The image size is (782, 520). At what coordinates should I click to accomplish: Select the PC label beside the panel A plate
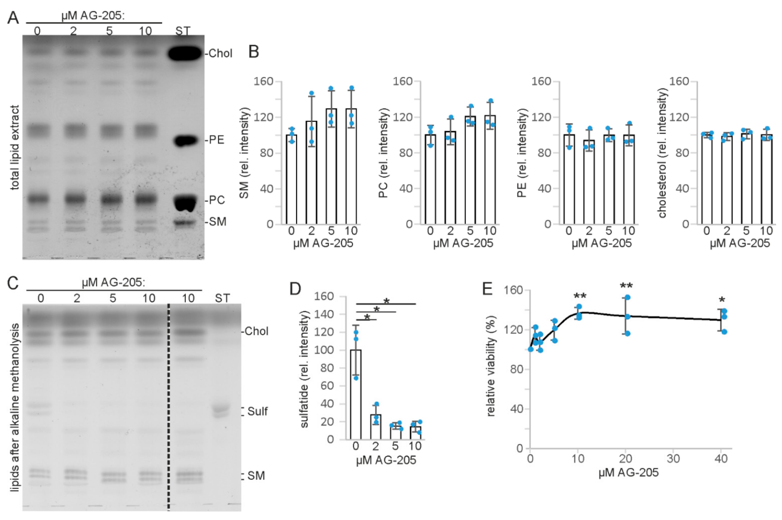[x=217, y=200]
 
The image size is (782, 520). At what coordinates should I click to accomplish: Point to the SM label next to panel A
[x=218, y=221]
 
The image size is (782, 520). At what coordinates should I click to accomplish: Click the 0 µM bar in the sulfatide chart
[x=356, y=395]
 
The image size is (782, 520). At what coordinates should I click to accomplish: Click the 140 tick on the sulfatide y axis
[x=324, y=314]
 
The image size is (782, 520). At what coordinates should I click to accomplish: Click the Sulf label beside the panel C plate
[x=257, y=411]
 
